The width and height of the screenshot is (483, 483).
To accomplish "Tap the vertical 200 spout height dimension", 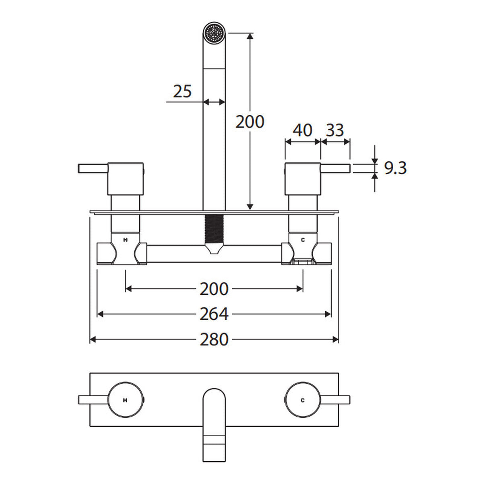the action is click(x=250, y=122).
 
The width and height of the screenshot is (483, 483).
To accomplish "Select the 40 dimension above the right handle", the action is click(x=303, y=130).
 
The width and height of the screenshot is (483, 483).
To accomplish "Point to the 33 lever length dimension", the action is click(x=335, y=130).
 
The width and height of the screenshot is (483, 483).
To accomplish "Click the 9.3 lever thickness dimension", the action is click(x=395, y=168).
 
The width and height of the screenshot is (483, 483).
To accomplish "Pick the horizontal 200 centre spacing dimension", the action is click(x=214, y=289).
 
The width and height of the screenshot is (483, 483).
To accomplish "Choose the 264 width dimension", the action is click(x=214, y=314).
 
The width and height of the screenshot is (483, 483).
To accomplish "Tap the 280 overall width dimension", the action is click(x=214, y=339).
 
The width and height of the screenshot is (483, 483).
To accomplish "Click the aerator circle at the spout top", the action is click(x=214, y=33).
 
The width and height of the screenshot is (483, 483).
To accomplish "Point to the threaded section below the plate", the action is click(x=214, y=229).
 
